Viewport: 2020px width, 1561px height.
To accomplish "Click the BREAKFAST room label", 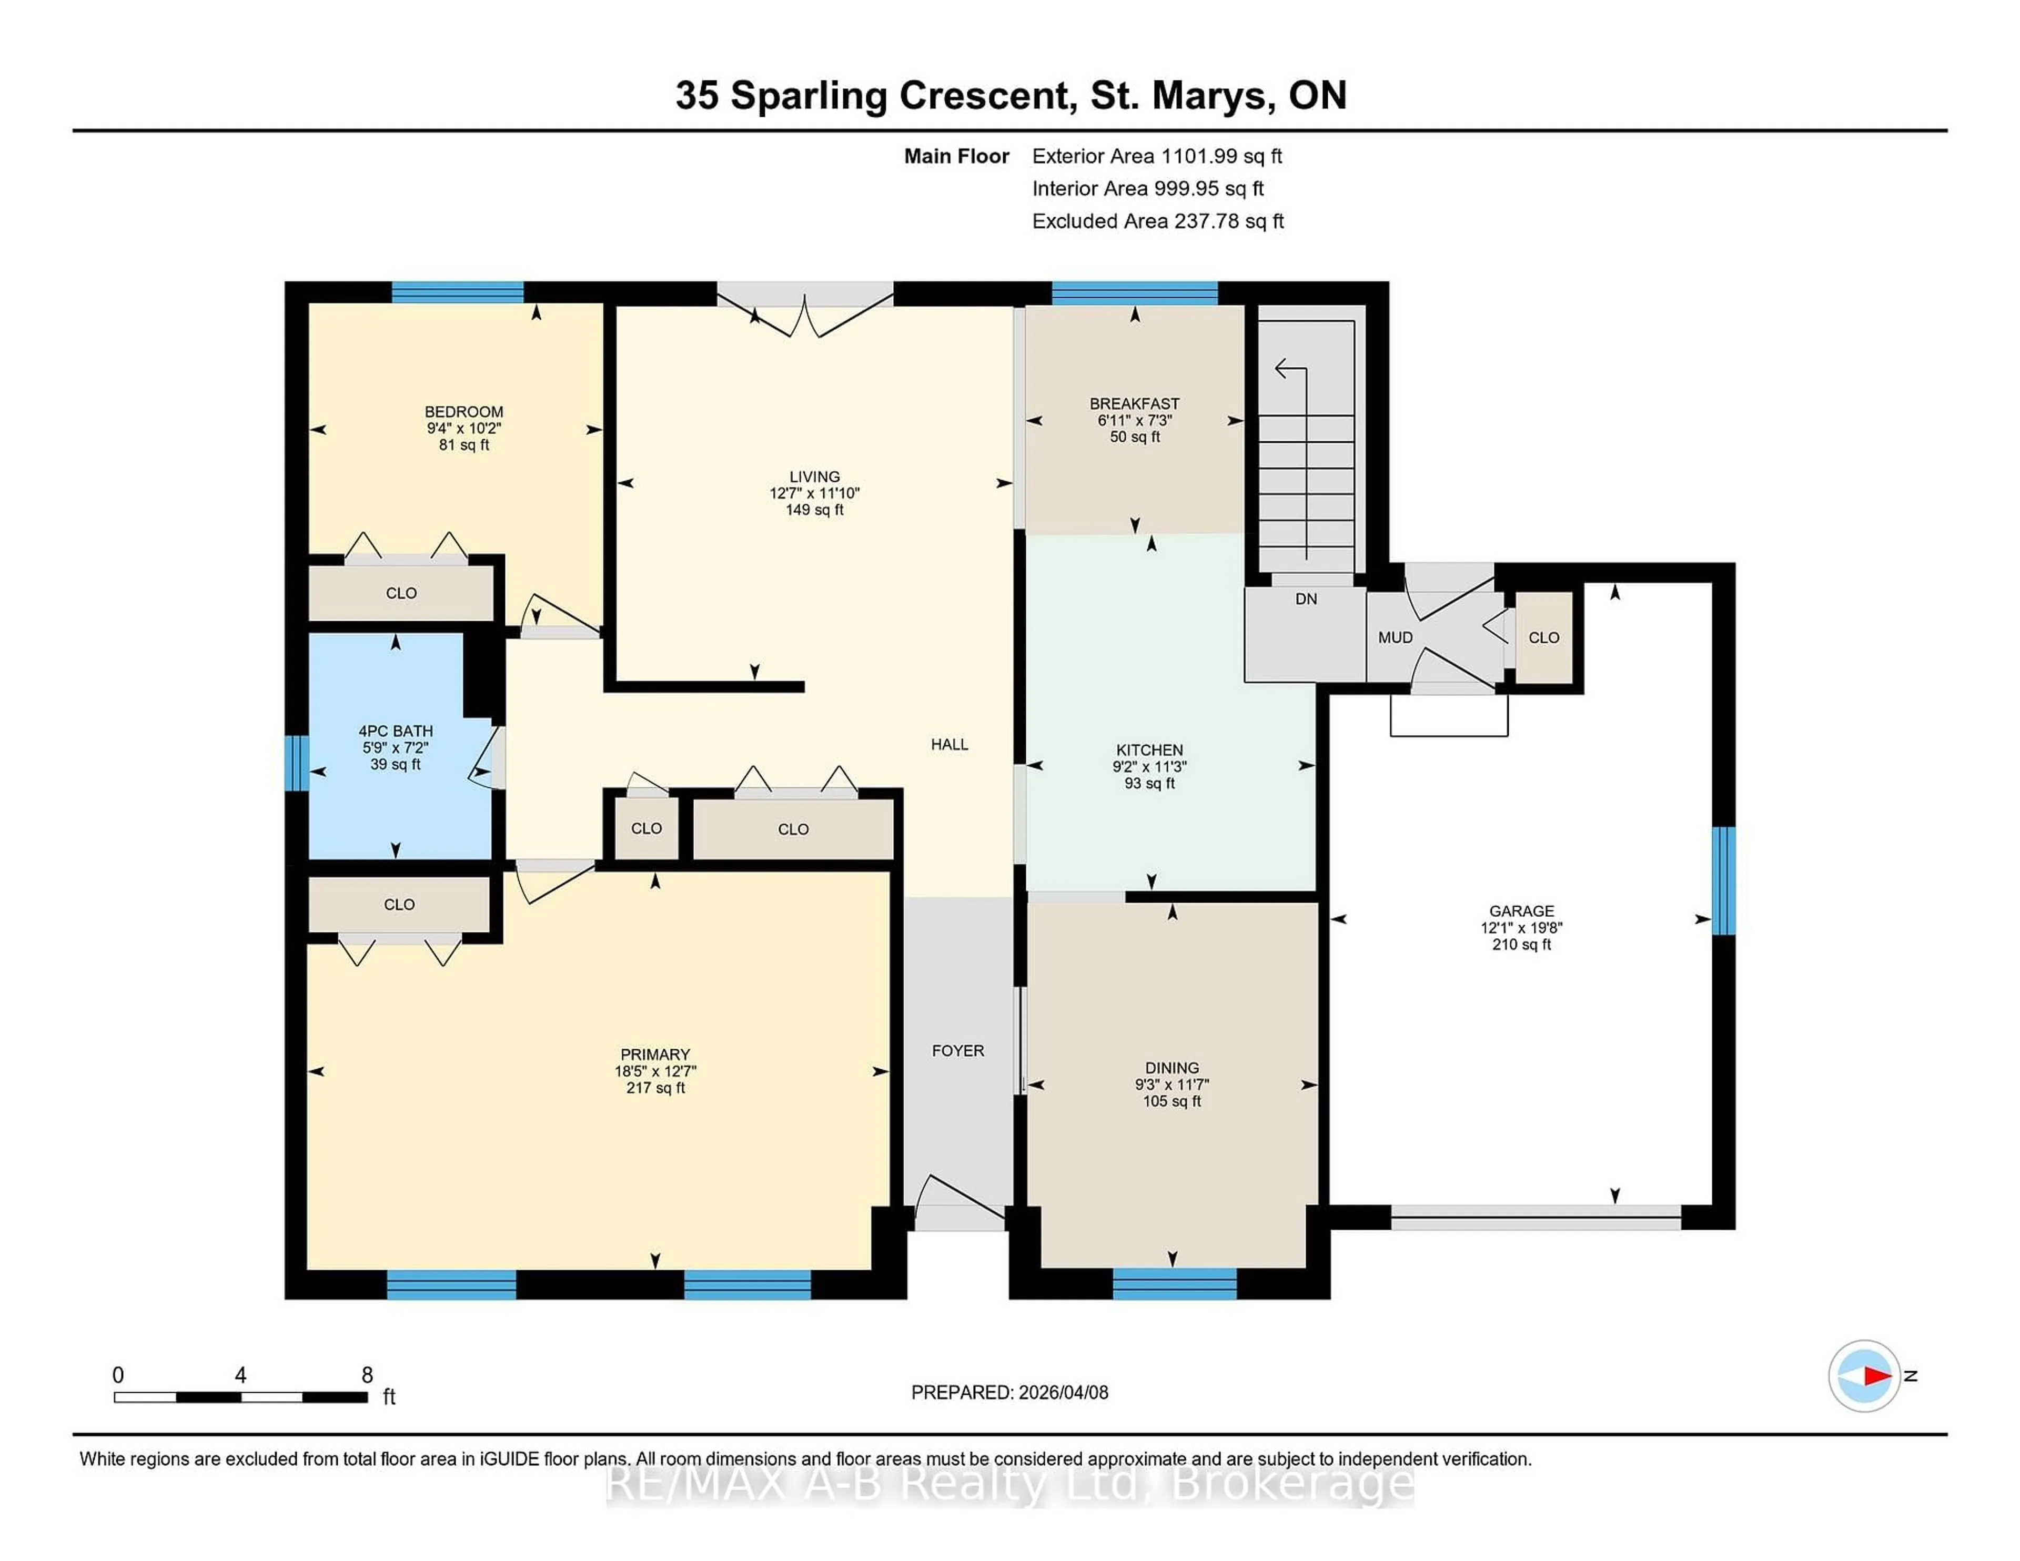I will pyautogui.click(x=1134, y=403).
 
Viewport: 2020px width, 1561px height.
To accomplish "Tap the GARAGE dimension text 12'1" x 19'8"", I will pyautogui.click(x=1521, y=928).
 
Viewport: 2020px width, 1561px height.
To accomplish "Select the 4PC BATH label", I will pyautogui.click(x=396, y=731).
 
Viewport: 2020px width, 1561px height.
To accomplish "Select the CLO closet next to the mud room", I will pyautogui.click(x=1544, y=637).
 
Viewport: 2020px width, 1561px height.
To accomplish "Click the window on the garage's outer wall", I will pyautogui.click(x=1723, y=880).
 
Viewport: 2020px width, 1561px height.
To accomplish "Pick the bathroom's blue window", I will pyautogui.click(x=296, y=763).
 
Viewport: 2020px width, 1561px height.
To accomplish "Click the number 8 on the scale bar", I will pyautogui.click(x=367, y=1375).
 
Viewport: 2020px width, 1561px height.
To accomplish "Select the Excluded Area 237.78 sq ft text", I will pyautogui.click(x=1157, y=221).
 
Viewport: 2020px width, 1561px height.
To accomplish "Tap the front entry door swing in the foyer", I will pyautogui.click(x=957, y=1202).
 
